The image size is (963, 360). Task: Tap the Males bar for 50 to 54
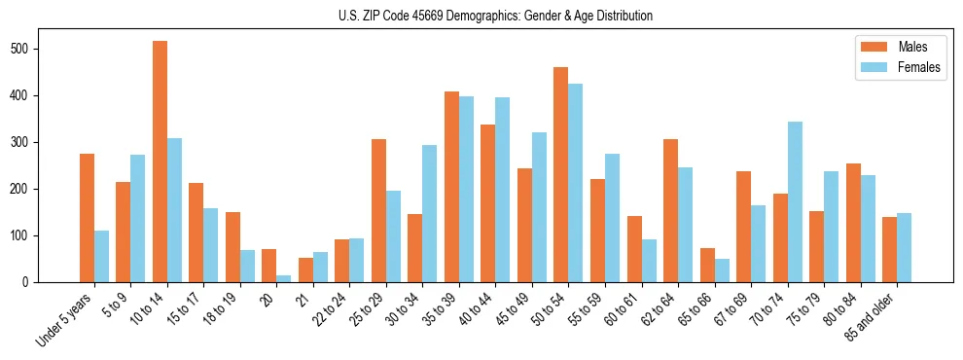[561, 175]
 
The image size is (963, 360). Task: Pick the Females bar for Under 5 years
[101, 257]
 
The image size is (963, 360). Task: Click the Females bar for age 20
[284, 278]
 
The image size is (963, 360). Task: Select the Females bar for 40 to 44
[503, 190]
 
